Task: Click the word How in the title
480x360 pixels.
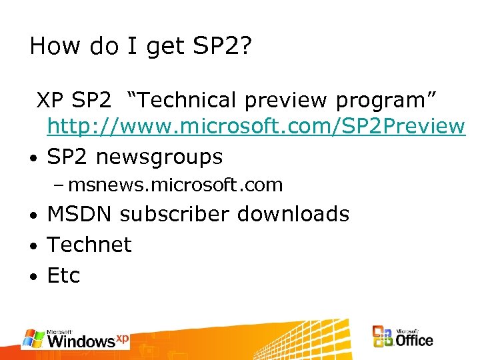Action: [x=55, y=46]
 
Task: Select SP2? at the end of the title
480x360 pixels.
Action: [x=223, y=46]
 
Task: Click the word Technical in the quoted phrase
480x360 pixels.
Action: [x=183, y=100]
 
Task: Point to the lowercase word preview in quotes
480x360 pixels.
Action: [x=286, y=101]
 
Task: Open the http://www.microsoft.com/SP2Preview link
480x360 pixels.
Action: [x=255, y=126]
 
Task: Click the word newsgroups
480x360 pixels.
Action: [x=159, y=158]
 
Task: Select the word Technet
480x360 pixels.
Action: [x=89, y=245]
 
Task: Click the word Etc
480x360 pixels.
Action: [x=63, y=275]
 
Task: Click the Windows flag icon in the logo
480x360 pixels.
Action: [x=33, y=338]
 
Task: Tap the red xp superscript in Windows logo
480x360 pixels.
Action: [x=122, y=338]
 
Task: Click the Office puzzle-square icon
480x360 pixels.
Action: [x=383, y=337]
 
